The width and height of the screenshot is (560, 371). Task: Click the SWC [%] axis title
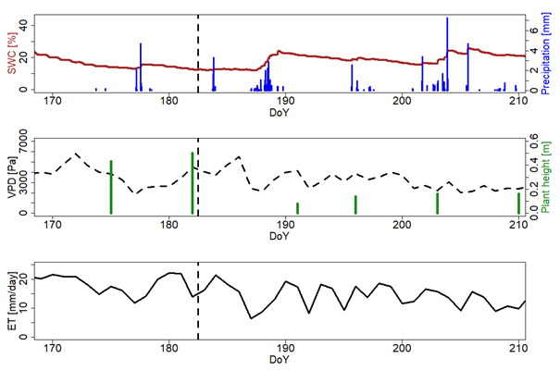tap(11, 54)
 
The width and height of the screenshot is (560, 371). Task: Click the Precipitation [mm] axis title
tap(548, 54)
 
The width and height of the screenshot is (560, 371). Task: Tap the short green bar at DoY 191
tap(297, 208)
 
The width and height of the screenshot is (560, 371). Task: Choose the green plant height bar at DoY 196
tap(355, 204)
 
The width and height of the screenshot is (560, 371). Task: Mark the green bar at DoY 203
tap(437, 203)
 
